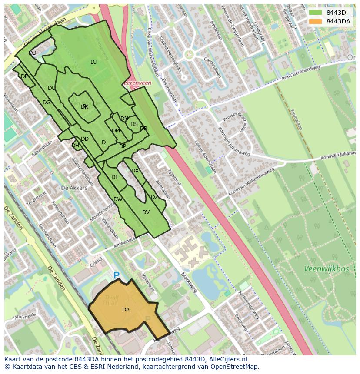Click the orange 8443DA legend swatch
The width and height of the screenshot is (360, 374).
coord(316,21)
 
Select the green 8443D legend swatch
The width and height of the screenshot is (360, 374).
coord(316,13)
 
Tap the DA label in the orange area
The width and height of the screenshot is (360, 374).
coord(126,310)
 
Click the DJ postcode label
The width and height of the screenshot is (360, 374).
coord(93,62)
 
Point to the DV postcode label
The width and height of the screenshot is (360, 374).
coord(146,212)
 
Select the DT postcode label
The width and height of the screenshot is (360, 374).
coord(115,177)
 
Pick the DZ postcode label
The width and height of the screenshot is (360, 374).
coord(154,197)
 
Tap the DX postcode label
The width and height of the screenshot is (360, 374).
coord(135,171)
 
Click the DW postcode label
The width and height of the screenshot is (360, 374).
coord(118,199)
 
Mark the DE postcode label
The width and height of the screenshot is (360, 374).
coord(24,76)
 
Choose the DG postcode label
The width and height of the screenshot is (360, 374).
coord(47,103)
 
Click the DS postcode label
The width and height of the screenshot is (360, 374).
coord(134,124)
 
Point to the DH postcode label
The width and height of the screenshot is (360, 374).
coord(75,146)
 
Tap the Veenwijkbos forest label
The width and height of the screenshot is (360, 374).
coord(327,269)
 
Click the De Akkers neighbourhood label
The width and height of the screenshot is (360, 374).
coord(74,188)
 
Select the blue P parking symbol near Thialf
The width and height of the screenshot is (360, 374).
coord(117,275)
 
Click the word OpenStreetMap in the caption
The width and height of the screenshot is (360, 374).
coord(232,366)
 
